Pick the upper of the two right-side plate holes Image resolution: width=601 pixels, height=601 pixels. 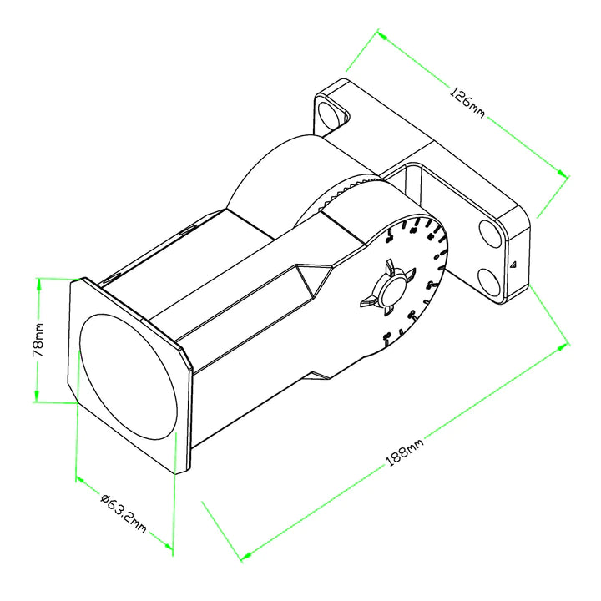(491, 235)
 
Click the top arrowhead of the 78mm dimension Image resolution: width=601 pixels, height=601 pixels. (38, 282)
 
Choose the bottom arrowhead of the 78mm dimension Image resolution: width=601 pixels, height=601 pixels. (37, 398)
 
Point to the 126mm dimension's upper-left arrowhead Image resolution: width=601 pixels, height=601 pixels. (381, 35)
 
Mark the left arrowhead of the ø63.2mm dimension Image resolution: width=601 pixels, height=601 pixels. (78, 479)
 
